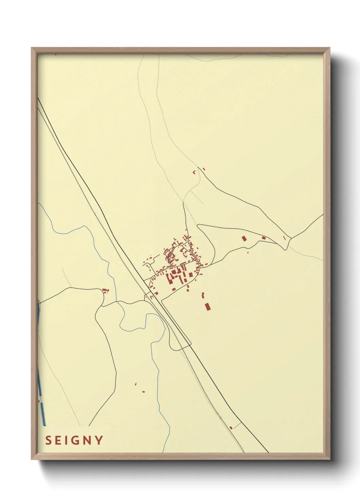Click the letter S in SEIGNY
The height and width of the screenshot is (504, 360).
[x=48, y=440]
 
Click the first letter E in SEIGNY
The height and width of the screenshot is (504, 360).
[x=58, y=440]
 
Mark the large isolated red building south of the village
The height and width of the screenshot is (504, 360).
[x=207, y=306]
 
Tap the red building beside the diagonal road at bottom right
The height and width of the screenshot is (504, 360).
[x=231, y=427]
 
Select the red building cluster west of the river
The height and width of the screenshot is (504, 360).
[x=105, y=290]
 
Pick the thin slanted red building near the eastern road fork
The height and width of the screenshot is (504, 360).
[x=284, y=238]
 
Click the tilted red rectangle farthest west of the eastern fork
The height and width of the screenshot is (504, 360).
[x=244, y=239]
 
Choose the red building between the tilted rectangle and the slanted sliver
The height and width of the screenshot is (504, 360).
[x=263, y=238]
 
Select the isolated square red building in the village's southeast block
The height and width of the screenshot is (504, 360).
[x=191, y=274]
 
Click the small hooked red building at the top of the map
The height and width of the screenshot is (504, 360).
[x=194, y=172]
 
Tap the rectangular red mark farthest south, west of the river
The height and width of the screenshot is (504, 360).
[x=143, y=392]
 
